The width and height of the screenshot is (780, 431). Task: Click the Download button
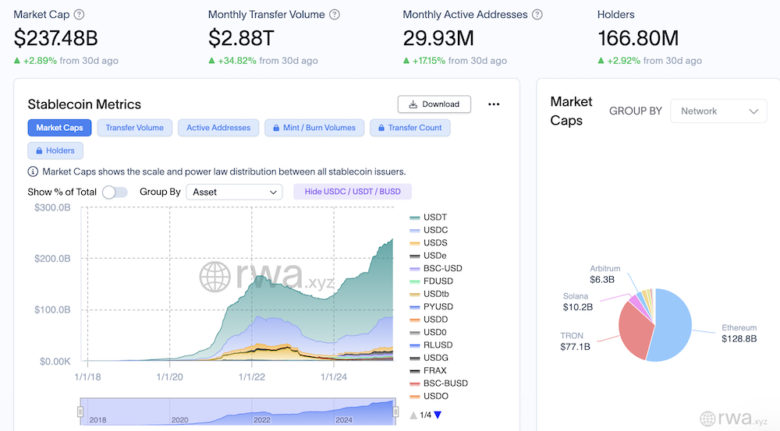click(434, 104)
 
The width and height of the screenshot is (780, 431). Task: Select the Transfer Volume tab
click(135, 128)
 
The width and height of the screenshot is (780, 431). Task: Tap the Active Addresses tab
click(218, 128)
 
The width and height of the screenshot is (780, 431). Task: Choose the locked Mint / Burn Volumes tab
click(314, 128)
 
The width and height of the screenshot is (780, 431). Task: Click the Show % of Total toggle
click(115, 192)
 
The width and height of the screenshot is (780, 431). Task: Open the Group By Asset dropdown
click(234, 192)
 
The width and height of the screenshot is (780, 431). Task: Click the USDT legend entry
click(434, 217)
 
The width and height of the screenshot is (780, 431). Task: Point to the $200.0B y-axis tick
click(53, 259)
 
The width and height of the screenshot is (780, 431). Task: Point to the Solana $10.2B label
click(578, 302)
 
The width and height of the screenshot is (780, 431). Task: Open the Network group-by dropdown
click(718, 111)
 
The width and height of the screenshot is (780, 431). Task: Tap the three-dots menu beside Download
click(493, 104)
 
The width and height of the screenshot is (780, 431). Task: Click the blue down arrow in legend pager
click(438, 415)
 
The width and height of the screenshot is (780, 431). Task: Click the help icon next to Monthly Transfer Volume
click(335, 15)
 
